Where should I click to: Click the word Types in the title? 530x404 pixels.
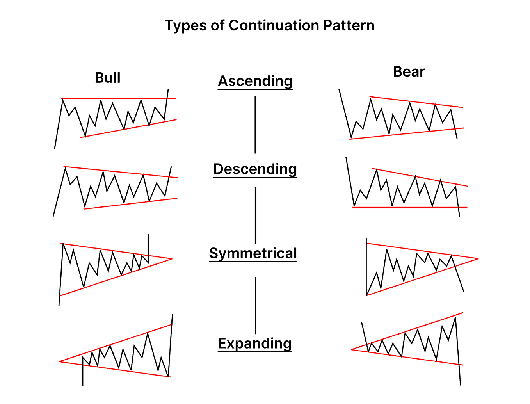click(186, 26)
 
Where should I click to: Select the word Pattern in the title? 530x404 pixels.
click(349, 25)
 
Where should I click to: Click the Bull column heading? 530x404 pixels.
click(108, 78)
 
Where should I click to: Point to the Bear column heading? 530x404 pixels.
click(409, 71)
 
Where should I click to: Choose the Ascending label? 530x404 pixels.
click(255, 81)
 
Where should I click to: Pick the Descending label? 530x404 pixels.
click(255, 169)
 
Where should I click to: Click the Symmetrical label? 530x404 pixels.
click(253, 253)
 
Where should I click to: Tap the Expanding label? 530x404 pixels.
click(255, 343)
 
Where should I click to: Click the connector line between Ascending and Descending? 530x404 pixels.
click(255, 125)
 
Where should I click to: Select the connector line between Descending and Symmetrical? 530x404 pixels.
click(256, 215)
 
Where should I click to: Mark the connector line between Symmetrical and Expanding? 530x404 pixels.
click(256, 305)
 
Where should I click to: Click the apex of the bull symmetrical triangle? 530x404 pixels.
click(172, 258)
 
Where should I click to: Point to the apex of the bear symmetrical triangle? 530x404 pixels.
click(478, 258)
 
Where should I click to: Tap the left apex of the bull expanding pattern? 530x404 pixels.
click(60, 361)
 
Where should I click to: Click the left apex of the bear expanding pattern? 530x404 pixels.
click(352, 349)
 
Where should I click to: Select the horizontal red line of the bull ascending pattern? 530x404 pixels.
click(117, 98)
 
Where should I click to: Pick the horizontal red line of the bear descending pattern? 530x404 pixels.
click(410, 207)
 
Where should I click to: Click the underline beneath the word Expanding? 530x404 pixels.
click(255, 352)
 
